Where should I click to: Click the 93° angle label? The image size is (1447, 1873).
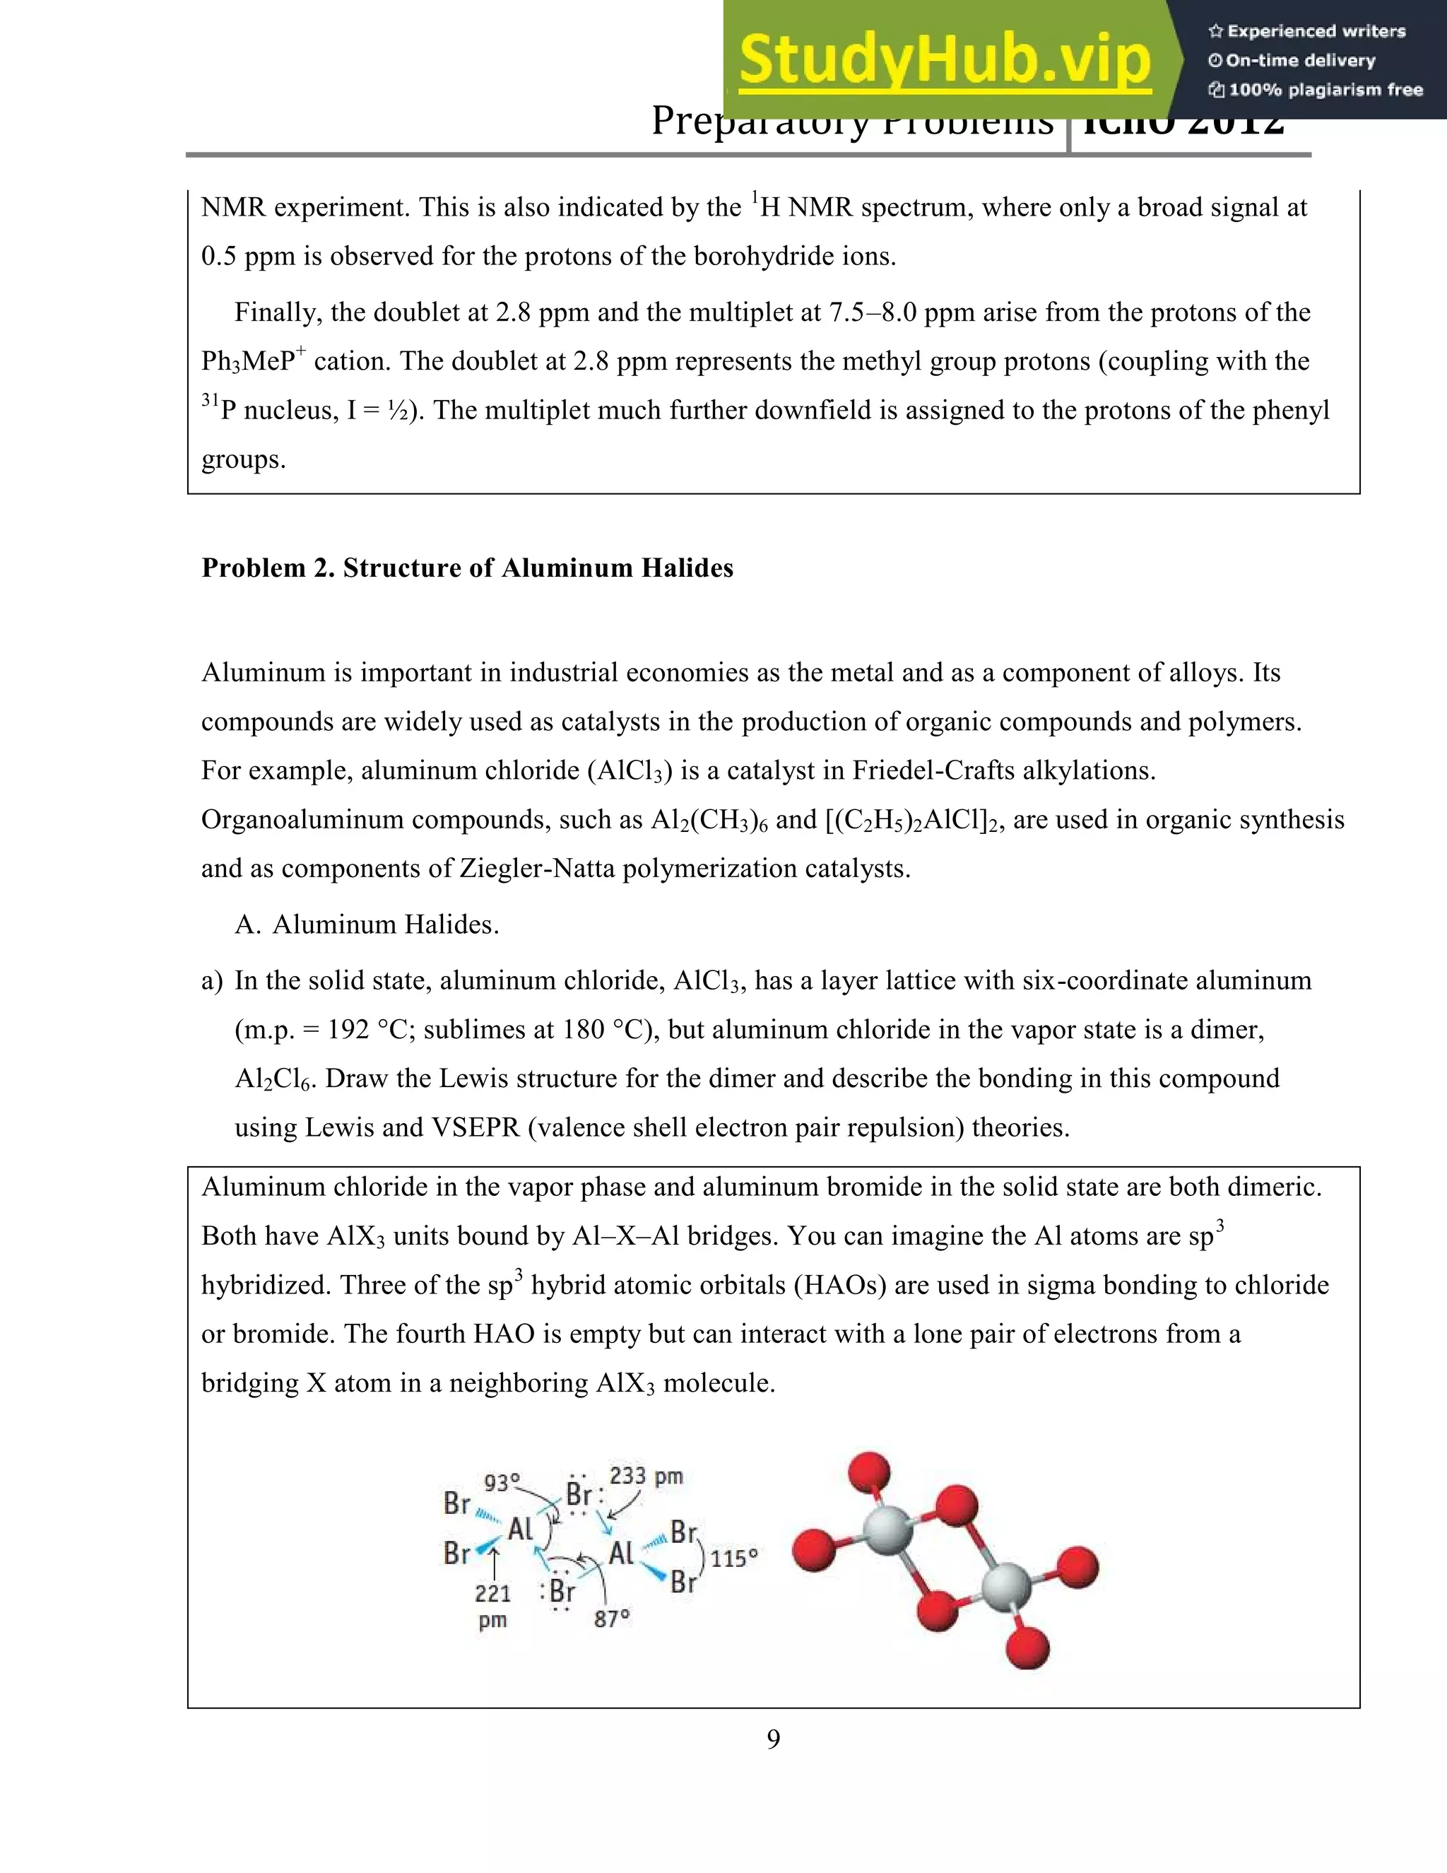click(x=502, y=1483)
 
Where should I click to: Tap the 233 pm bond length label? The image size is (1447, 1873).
click(x=646, y=1476)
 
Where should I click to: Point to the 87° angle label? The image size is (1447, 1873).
click(x=612, y=1619)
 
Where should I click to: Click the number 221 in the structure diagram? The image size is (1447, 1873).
click(x=493, y=1593)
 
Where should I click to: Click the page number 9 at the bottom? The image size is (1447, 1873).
click(x=773, y=1739)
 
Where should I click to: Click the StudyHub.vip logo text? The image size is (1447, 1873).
click(x=944, y=61)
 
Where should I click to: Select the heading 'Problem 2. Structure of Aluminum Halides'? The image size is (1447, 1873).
click(x=467, y=568)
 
